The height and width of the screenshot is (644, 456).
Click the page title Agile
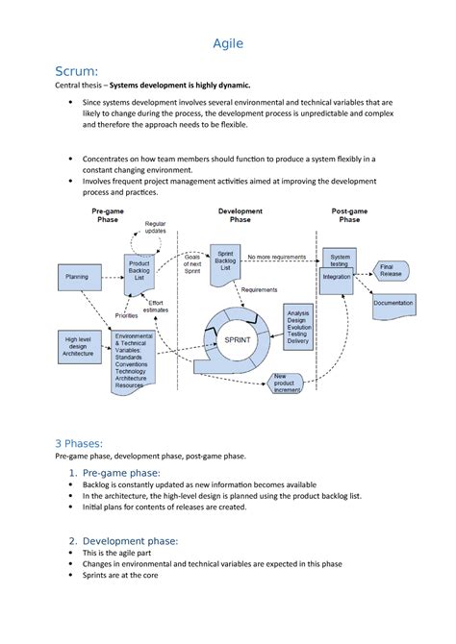click(x=227, y=43)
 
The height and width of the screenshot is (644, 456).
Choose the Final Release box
click(x=390, y=270)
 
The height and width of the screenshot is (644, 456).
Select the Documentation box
click(x=393, y=304)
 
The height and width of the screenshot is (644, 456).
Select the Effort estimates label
click(x=155, y=307)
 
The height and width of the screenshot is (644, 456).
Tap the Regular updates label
click(x=155, y=228)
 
